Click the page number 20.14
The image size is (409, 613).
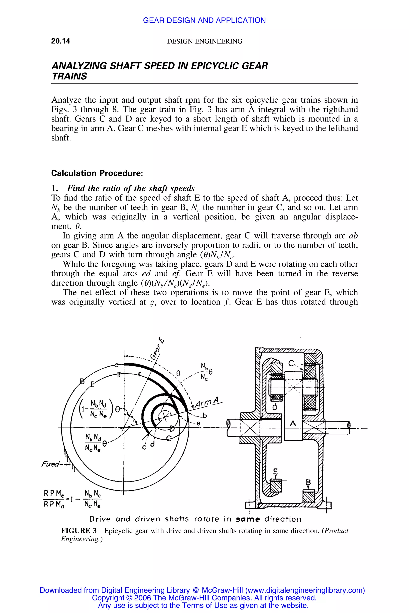[x=61, y=41]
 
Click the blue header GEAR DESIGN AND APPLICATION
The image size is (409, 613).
[x=204, y=20]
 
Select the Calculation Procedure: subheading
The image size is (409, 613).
[x=97, y=173]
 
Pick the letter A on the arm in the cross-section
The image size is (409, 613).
[x=293, y=423]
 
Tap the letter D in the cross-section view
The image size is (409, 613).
[x=275, y=407]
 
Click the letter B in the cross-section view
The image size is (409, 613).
[x=308, y=482]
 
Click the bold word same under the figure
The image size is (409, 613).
[x=248, y=519]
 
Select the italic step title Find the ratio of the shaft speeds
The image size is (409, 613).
[x=131, y=188]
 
